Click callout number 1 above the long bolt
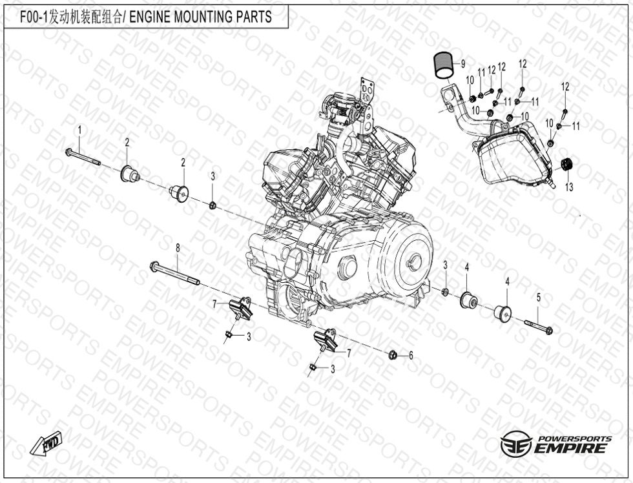[x=79, y=130]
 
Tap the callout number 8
[x=178, y=248]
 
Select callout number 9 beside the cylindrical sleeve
[x=462, y=64]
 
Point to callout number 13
[x=569, y=187]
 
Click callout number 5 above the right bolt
[x=538, y=298]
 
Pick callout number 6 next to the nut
[x=411, y=355]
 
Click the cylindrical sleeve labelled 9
[x=444, y=65]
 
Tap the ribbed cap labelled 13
[x=568, y=165]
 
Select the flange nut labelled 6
[x=393, y=355]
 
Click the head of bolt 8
[x=154, y=266]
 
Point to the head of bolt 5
[x=549, y=330]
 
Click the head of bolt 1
[x=68, y=152]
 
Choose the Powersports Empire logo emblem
[x=516, y=444]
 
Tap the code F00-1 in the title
[x=34, y=17]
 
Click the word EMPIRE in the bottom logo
[x=571, y=448]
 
